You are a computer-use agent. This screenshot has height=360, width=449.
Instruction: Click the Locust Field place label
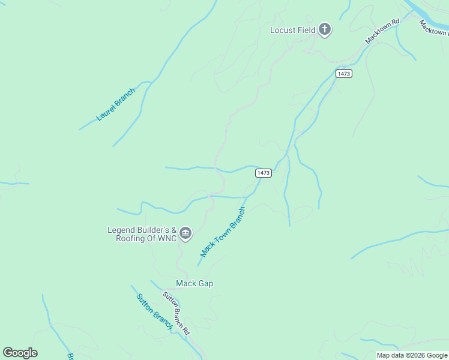pyautogui.click(x=292, y=30)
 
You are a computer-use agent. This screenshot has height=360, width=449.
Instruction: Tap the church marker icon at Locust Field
pyautogui.click(x=325, y=29)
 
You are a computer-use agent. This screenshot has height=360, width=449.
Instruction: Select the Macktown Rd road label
pyautogui.click(x=382, y=32)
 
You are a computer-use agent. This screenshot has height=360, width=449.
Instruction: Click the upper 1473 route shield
pyautogui.click(x=344, y=73)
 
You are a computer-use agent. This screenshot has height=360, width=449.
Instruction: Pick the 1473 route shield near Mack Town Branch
pyautogui.click(x=264, y=173)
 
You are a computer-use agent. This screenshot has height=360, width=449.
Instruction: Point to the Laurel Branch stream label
pyautogui.click(x=116, y=104)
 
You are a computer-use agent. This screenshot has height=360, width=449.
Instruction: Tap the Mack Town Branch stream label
pyautogui.click(x=223, y=232)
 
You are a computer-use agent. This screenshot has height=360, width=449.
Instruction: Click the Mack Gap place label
pyautogui.click(x=194, y=283)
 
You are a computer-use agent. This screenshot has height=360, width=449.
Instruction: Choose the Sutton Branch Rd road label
pyautogui.click(x=176, y=313)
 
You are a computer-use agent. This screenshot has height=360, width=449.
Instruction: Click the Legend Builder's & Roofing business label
pyautogui.click(x=142, y=234)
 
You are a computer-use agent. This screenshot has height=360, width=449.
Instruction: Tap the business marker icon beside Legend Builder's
pyautogui.click(x=185, y=233)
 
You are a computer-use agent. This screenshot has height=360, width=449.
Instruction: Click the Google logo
pyautogui.click(x=20, y=353)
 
